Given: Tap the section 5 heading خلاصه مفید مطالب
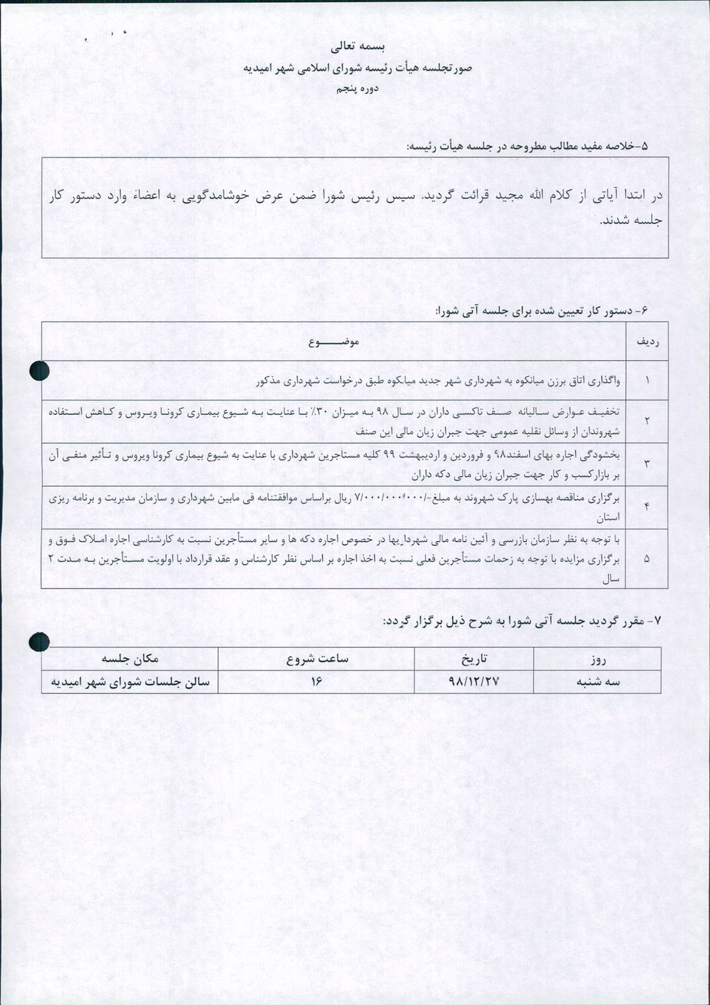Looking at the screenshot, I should click(x=526, y=146).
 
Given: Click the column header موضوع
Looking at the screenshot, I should click(x=333, y=341).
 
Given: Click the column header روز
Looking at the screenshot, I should click(x=598, y=659).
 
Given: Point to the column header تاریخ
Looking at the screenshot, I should click(x=474, y=659).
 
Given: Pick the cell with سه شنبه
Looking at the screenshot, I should click(x=598, y=682).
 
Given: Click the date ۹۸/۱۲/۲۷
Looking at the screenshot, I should click(x=474, y=682).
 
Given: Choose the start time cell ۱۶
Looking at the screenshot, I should click(x=317, y=682).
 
